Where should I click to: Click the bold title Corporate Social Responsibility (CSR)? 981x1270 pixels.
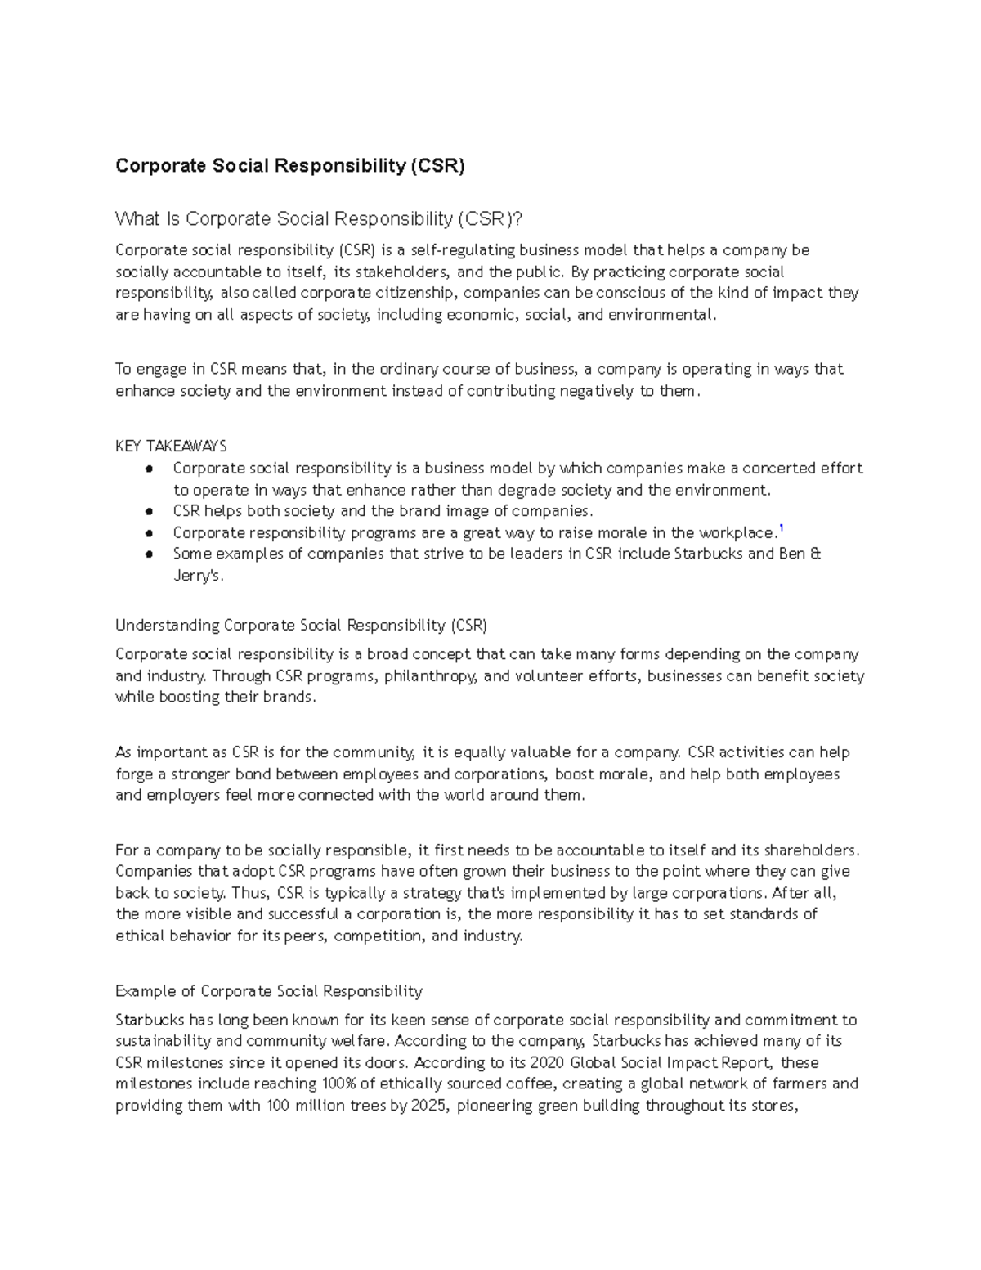point(289,166)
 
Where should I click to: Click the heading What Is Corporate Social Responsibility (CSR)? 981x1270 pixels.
point(318,219)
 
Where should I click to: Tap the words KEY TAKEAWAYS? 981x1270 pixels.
point(171,446)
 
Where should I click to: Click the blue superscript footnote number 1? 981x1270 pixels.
point(782,529)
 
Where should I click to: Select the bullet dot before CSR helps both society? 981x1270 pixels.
point(149,511)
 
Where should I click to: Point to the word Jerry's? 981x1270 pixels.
point(198,576)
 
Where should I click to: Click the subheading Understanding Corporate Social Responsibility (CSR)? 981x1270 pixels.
point(301,626)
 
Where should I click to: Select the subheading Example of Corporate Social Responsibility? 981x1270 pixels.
point(268,991)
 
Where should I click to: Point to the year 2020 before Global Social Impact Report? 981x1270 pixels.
point(547,1062)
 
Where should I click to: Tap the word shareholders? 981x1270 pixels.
point(809,850)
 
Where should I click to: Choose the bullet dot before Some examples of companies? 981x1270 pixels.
point(149,554)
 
